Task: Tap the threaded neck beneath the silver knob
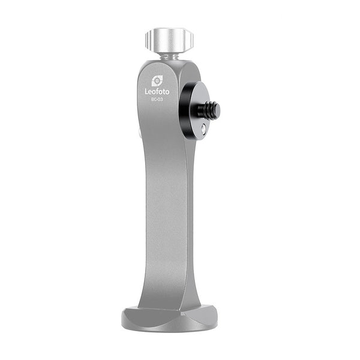click(169, 58)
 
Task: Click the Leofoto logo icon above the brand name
click(157, 81)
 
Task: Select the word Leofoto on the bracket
click(157, 92)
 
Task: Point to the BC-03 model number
click(157, 100)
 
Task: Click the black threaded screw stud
click(208, 109)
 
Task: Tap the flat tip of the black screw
click(217, 109)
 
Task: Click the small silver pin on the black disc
click(203, 130)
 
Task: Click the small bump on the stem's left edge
click(140, 133)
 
